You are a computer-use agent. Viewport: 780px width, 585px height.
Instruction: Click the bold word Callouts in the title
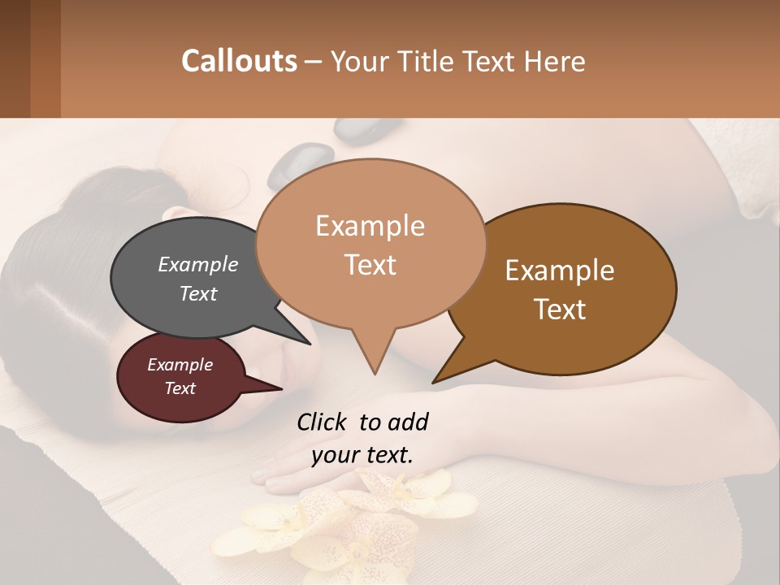(239, 61)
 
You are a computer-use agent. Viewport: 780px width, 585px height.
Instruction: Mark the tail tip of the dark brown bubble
(435, 381)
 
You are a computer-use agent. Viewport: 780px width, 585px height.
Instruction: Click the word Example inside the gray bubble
(197, 265)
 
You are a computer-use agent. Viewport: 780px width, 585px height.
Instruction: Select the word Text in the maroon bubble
(180, 388)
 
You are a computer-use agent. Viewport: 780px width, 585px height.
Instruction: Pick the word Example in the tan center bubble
(370, 226)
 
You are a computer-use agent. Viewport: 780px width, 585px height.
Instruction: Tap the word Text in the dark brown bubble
(560, 309)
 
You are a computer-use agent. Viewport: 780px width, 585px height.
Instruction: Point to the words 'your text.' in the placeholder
(362, 455)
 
